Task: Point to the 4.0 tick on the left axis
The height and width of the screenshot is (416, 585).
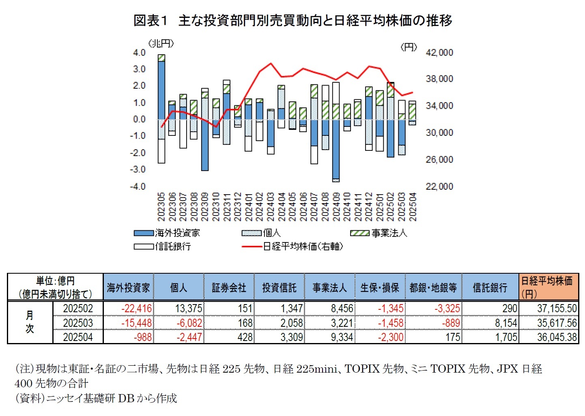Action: click(139, 53)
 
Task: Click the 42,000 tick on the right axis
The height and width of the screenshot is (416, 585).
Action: click(439, 53)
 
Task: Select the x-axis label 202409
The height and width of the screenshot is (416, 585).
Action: click(336, 207)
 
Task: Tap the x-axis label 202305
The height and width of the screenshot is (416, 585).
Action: click(161, 207)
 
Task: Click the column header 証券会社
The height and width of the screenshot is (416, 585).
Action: click(229, 287)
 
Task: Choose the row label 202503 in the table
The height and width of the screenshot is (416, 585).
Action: click(78, 323)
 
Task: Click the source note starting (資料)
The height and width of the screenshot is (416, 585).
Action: click(96, 398)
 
